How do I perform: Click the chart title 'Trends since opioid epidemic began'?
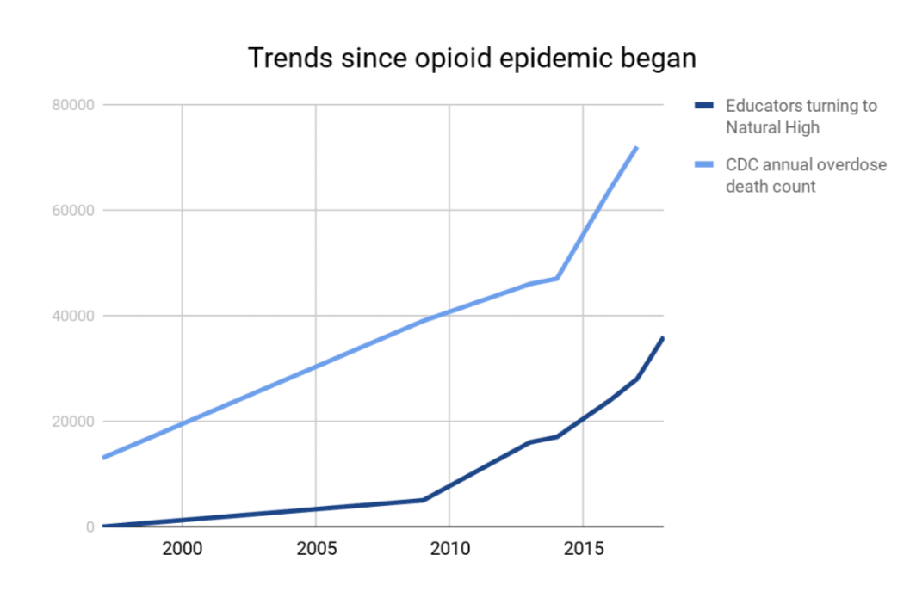[x=472, y=58]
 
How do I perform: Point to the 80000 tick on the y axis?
[x=74, y=105]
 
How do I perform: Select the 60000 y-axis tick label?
[x=74, y=211]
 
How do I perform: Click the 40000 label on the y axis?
[x=74, y=316]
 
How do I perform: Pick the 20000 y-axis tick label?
[x=74, y=422]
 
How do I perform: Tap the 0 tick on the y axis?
[x=90, y=527]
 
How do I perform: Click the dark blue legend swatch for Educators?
[x=704, y=106]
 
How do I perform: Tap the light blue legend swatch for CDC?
[x=704, y=165]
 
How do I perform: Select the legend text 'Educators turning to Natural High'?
[x=801, y=117]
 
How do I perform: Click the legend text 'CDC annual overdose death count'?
[x=806, y=176]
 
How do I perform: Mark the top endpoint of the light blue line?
[x=637, y=147]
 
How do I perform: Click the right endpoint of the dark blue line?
[x=663, y=337]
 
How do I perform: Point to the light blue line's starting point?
[x=102, y=458]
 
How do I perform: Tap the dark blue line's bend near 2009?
[x=423, y=500]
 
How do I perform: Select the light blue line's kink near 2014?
[x=557, y=278]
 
